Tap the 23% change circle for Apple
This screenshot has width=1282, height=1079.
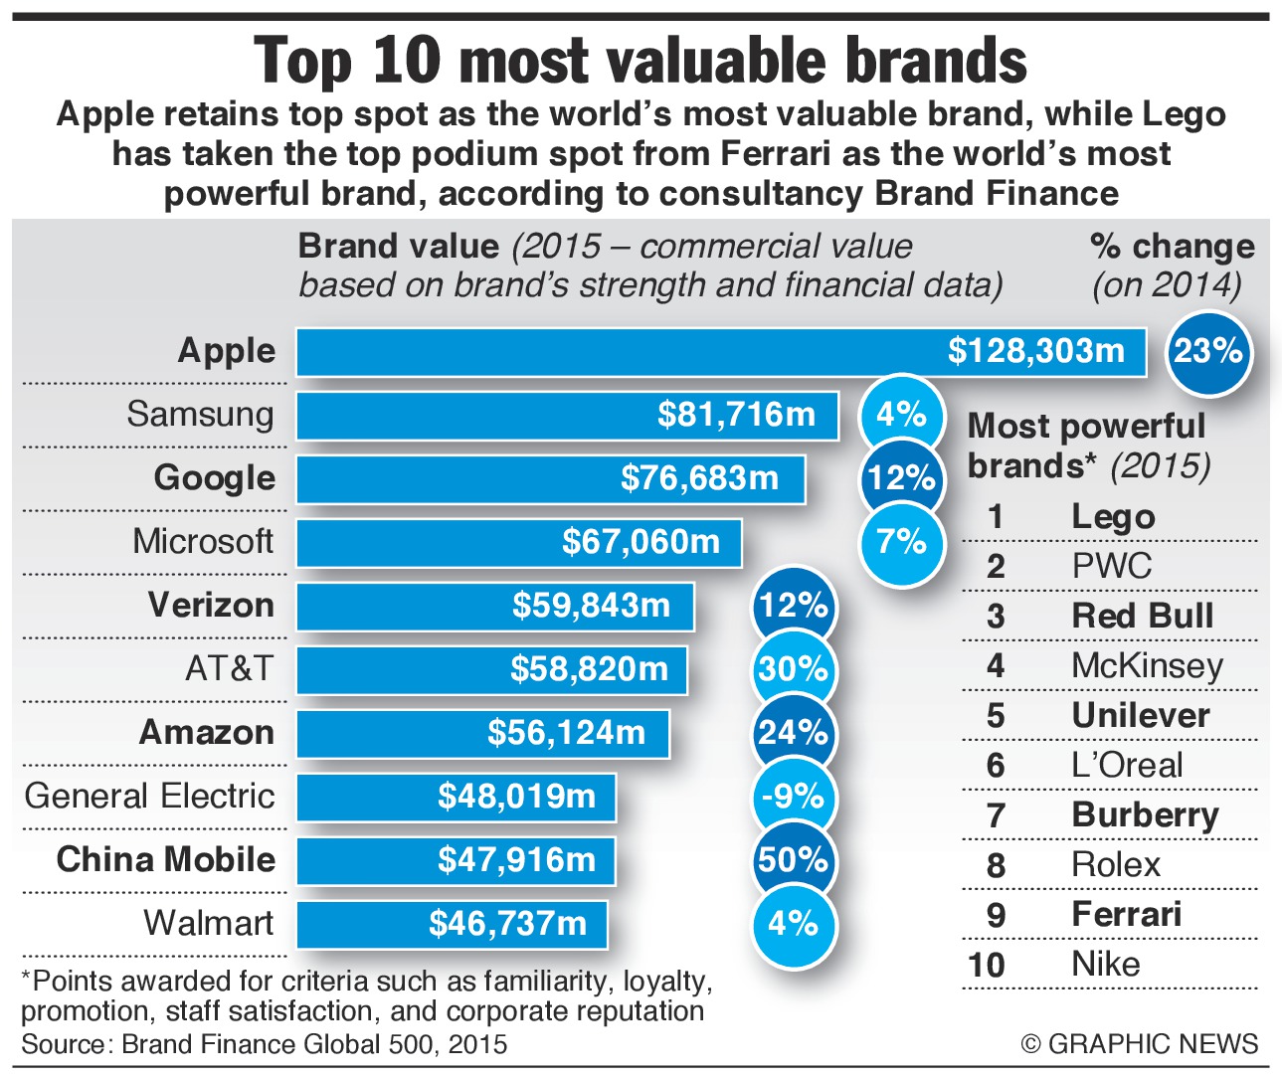coord(1207,351)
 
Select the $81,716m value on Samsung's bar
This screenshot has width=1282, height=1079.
coord(736,415)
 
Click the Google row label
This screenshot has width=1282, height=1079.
coord(214,478)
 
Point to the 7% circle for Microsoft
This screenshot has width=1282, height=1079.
coord(901,542)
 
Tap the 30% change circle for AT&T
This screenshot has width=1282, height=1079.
coord(793,669)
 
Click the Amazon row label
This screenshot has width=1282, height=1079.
coord(206,733)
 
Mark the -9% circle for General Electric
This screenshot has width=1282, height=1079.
coord(793,797)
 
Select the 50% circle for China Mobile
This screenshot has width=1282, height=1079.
coord(793,860)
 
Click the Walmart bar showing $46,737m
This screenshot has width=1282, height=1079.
coord(453,924)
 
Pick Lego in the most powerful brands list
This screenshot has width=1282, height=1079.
coord(1113,517)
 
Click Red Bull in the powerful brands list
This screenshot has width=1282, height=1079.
coord(1142,617)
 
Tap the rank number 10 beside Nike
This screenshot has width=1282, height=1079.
coord(987,966)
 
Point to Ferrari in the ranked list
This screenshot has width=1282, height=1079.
coord(1126,915)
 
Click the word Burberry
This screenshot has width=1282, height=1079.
coord(1145,815)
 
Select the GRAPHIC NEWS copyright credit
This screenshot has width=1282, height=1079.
coord(1140,1044)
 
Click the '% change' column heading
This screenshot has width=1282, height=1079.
coord(1172,247)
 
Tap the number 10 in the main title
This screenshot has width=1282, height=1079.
coord(407,62)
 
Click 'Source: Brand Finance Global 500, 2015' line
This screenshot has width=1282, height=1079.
coord(264,1045)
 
